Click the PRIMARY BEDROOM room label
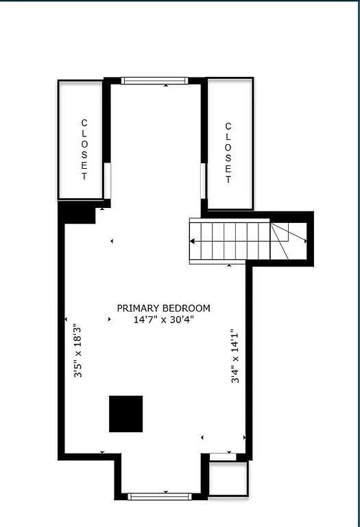[163, 308]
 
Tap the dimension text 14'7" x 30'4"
[163, 319]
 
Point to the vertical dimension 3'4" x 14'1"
[235, 355]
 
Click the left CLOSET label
[84, 150]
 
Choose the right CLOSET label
[228, 152]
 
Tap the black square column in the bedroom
[126, 414]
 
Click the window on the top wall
[154, 80]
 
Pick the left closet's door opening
[107, 180]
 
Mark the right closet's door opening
[203, 180]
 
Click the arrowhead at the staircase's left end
[193, 241]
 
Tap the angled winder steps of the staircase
[288, 241]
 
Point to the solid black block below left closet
[77, 213]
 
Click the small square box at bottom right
[226, 478]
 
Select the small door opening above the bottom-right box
[222, 456]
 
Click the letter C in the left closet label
[84, 123]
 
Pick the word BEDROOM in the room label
[187, 308]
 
